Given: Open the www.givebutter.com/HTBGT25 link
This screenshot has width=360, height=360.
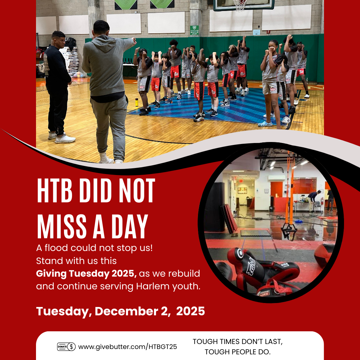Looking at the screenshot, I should tap(128, 347).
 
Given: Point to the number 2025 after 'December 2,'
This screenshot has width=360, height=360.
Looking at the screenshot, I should tap(190, 311).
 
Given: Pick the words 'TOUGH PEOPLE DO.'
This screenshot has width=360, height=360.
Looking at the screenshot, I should tap(238, 352).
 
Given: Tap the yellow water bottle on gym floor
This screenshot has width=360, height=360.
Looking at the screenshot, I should tap(137, 102).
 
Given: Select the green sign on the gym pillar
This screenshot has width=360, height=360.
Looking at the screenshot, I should tap(194, 30).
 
